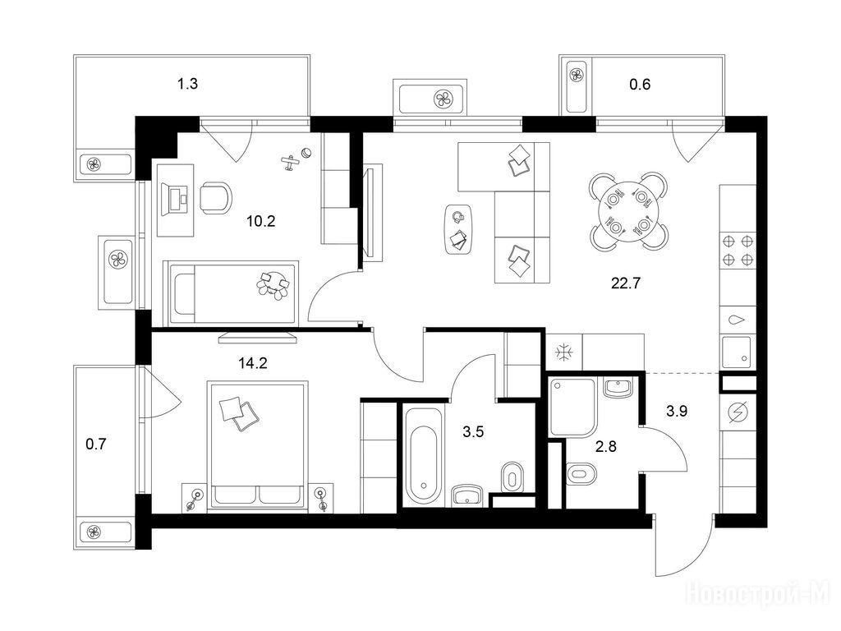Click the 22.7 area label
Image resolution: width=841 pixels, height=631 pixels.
[x=626, y=283]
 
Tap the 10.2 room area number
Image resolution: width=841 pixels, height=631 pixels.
[x=260, y=220]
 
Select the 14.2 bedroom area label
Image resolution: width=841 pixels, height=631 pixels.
[x=253, y=363]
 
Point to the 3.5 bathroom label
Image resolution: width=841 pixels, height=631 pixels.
[x=473, y=431]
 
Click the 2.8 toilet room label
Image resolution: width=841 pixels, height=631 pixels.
[x=606, y=446]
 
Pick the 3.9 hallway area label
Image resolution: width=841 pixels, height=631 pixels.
[x=677, y=412]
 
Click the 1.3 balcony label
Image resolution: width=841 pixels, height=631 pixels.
[x=188, y=84]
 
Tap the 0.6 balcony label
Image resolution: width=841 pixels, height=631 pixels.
[x=640, y=85]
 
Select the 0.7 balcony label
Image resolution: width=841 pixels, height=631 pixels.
[x=97, y=444]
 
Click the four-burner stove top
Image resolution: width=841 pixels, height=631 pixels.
[x=738, y=250]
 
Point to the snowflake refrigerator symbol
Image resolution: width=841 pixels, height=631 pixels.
[x=564, y=352]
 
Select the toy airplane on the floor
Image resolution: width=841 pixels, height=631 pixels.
[x=290, y=162]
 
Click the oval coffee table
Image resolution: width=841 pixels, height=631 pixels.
[x=459, y=230]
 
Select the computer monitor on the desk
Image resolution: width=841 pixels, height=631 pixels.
[x=177, y=199]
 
